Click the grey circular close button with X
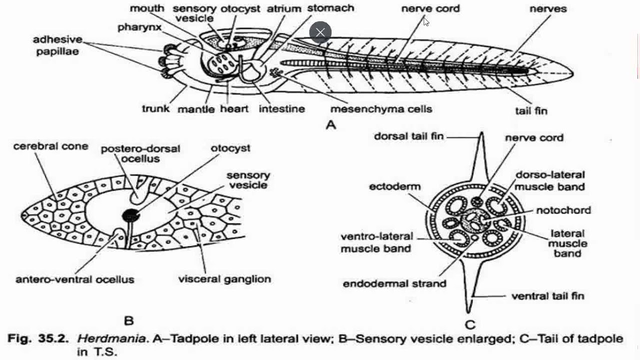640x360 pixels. pos(320,33)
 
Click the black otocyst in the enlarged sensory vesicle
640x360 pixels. pos(131,215)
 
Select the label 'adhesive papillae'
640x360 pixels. pos(58,45)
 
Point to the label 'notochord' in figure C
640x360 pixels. pos(563,210)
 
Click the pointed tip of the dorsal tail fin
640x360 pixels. pos(481,133)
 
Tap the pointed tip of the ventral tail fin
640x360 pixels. pos(470,310)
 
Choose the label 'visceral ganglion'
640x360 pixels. pos(224,279)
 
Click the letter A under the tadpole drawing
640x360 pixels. pos(331,125)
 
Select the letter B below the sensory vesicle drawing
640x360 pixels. pos(128,320)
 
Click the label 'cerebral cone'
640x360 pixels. pos(50,146)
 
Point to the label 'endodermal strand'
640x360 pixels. pos(394,283)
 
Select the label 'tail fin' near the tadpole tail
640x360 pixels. pos(531,110)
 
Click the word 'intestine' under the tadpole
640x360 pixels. pos(281,108)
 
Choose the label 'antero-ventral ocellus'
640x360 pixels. pos(75,279)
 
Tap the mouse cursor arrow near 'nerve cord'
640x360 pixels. pos(426,21)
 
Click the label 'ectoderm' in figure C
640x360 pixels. pos(395,186)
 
